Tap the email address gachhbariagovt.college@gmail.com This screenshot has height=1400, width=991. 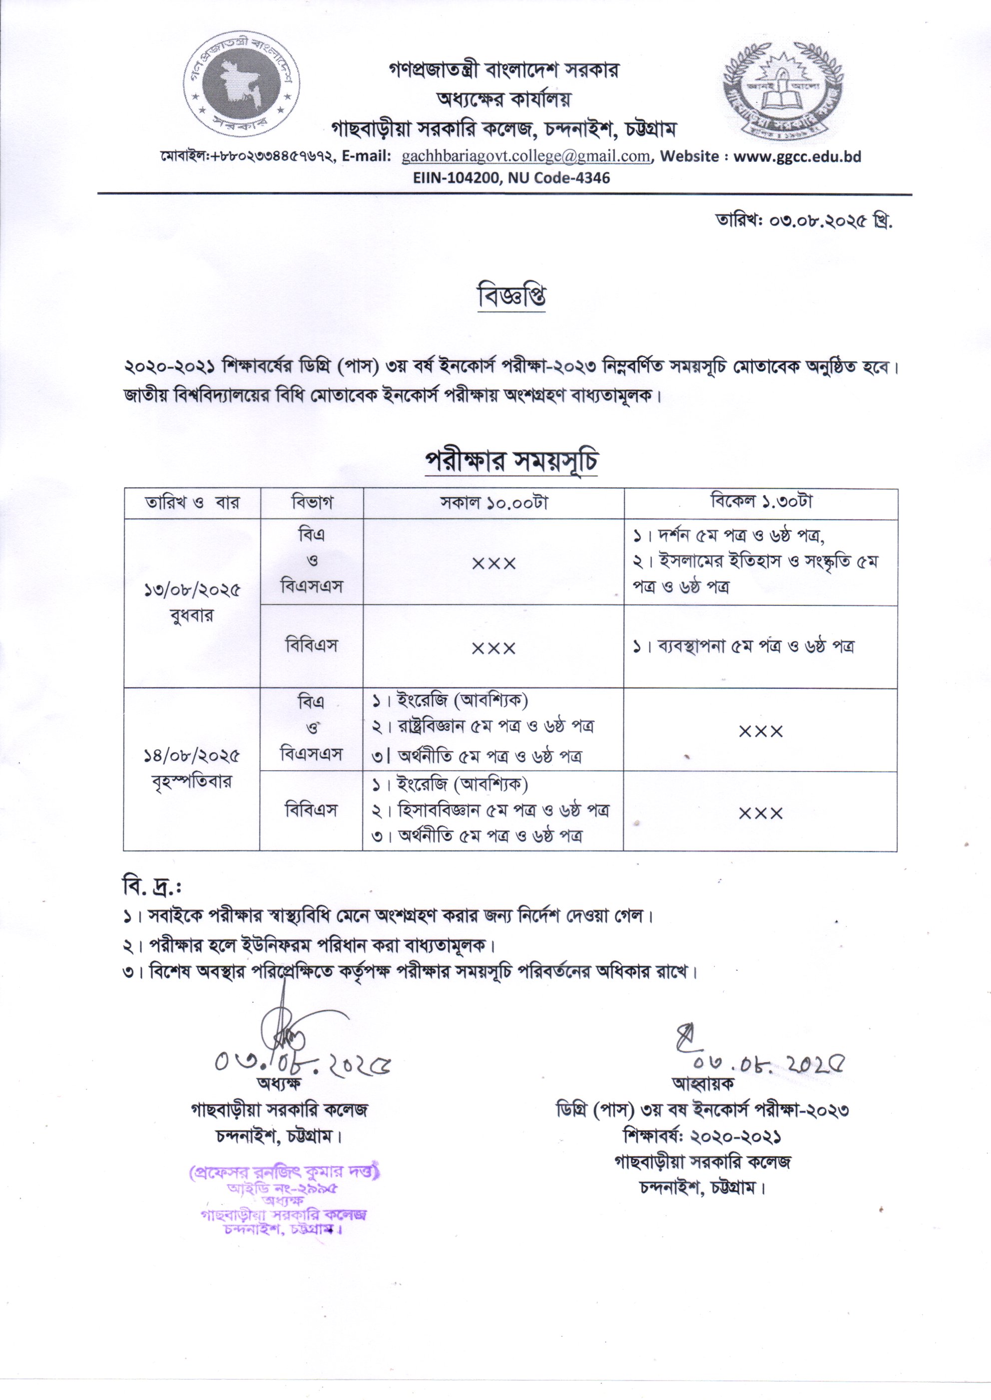(x=525, y=157)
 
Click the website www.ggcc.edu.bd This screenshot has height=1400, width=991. (x=797, y=157)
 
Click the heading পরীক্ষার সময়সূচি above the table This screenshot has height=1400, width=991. (x=511, y=461)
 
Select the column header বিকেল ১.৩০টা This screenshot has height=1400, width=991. (x=761, y=502)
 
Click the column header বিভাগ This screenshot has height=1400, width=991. (x=312, y=503)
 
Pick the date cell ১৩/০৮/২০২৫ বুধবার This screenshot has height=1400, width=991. (x=192, y=602)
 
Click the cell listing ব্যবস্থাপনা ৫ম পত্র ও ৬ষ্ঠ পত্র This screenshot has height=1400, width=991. (x=744, y=646)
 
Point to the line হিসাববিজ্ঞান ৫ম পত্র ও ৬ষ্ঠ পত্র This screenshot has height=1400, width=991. (x=491, y=811)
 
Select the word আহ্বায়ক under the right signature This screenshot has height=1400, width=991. (x=702, y=1083)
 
